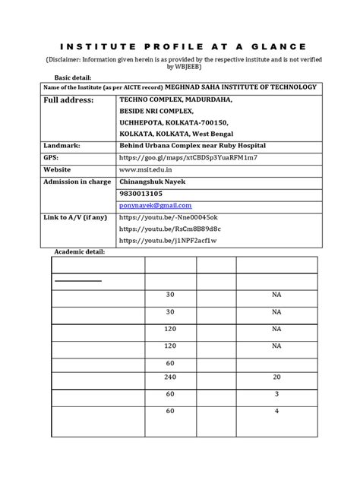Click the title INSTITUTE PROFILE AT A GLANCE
point(180,45)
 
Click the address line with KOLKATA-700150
point(174,122)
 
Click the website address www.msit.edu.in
point(148,170)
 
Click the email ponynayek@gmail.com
point(156,206)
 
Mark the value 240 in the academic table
point(170,377)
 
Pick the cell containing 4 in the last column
point(277,412)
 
